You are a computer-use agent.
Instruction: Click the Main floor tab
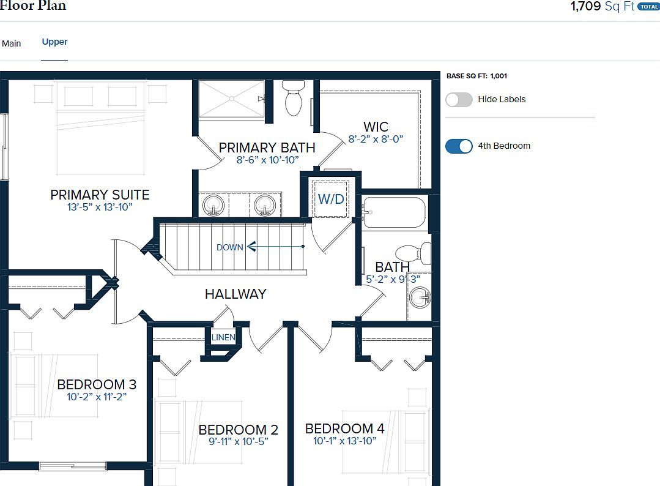[x=12, y=43]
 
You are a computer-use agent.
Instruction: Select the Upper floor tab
[x=54, y=42]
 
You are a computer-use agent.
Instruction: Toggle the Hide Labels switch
[x=459, y=100]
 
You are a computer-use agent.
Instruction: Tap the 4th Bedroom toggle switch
[x=459, y=146]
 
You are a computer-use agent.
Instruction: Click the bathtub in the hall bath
[x=394, y=212]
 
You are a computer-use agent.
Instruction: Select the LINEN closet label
[x=223, y=337]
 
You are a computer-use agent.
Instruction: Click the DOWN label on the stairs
[x=229, y=247]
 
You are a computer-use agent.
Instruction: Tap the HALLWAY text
[x=235, y=294]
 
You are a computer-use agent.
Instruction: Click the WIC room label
[x=376, y=127]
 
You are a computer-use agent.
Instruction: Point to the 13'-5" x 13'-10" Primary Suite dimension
[x=100, y=207]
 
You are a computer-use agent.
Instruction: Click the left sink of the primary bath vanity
[x=213, y=205]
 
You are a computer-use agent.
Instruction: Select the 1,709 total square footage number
[x=586, y=7]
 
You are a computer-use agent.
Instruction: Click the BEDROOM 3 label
[x=97, y=384]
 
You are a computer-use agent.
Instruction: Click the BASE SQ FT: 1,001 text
[x=476, y=77]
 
